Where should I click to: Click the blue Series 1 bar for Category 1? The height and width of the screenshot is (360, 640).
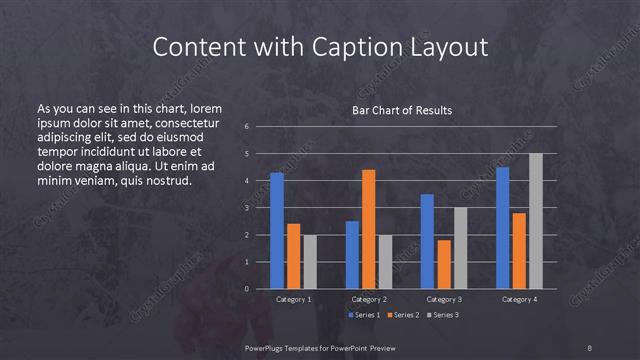tap(277, 231)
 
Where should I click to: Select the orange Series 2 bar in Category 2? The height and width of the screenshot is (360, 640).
tap(369, 229)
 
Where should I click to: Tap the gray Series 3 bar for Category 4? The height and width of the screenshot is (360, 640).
tap(536, 221)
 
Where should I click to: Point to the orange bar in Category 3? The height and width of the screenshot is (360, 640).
tap(444, 264)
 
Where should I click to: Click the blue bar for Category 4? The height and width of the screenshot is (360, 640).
tap(502, 228)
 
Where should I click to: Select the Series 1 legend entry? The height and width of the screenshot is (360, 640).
tap(363, 315)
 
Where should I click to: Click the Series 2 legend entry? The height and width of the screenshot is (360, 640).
tap(401, 315)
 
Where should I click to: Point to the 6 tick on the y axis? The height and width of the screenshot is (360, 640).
tap(247, 127)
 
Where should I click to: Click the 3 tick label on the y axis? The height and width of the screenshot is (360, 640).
tap(247, 208)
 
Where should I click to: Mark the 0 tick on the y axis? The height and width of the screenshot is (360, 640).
tap(247, 289)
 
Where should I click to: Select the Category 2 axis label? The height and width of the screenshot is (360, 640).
tap(369, 299)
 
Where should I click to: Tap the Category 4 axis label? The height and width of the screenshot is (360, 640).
tap(519, 299)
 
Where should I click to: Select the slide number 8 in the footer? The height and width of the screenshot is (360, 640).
tap(590, 347)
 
